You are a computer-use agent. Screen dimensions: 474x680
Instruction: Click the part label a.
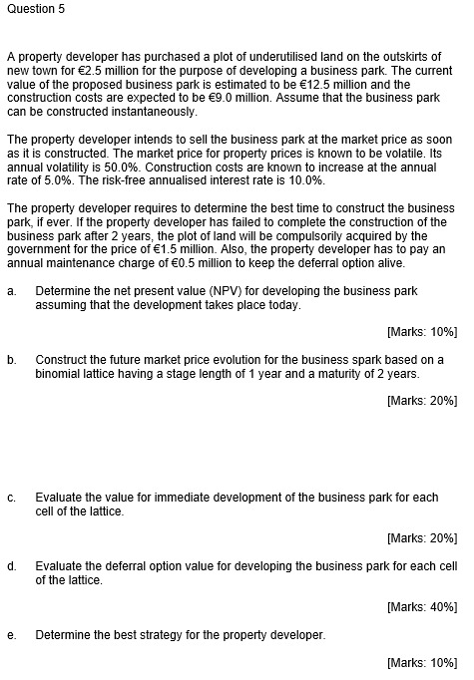tap(11, 290)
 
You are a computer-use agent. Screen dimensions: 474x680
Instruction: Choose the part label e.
tap(11, 634)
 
